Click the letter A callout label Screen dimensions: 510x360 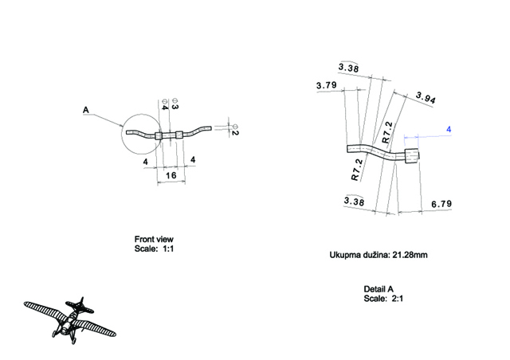pos(86,111)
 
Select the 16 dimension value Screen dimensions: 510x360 pos(170,174)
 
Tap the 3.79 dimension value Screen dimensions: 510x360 pos(325,84)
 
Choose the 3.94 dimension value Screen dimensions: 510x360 pos(428,98)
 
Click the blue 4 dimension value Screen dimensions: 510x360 pos(449,129)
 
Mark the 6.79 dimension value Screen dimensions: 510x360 pos(441,204)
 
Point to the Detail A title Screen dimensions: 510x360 pos(379,288)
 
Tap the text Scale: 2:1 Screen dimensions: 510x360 pos(379,298)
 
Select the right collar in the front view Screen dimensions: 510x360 pos(179,135)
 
